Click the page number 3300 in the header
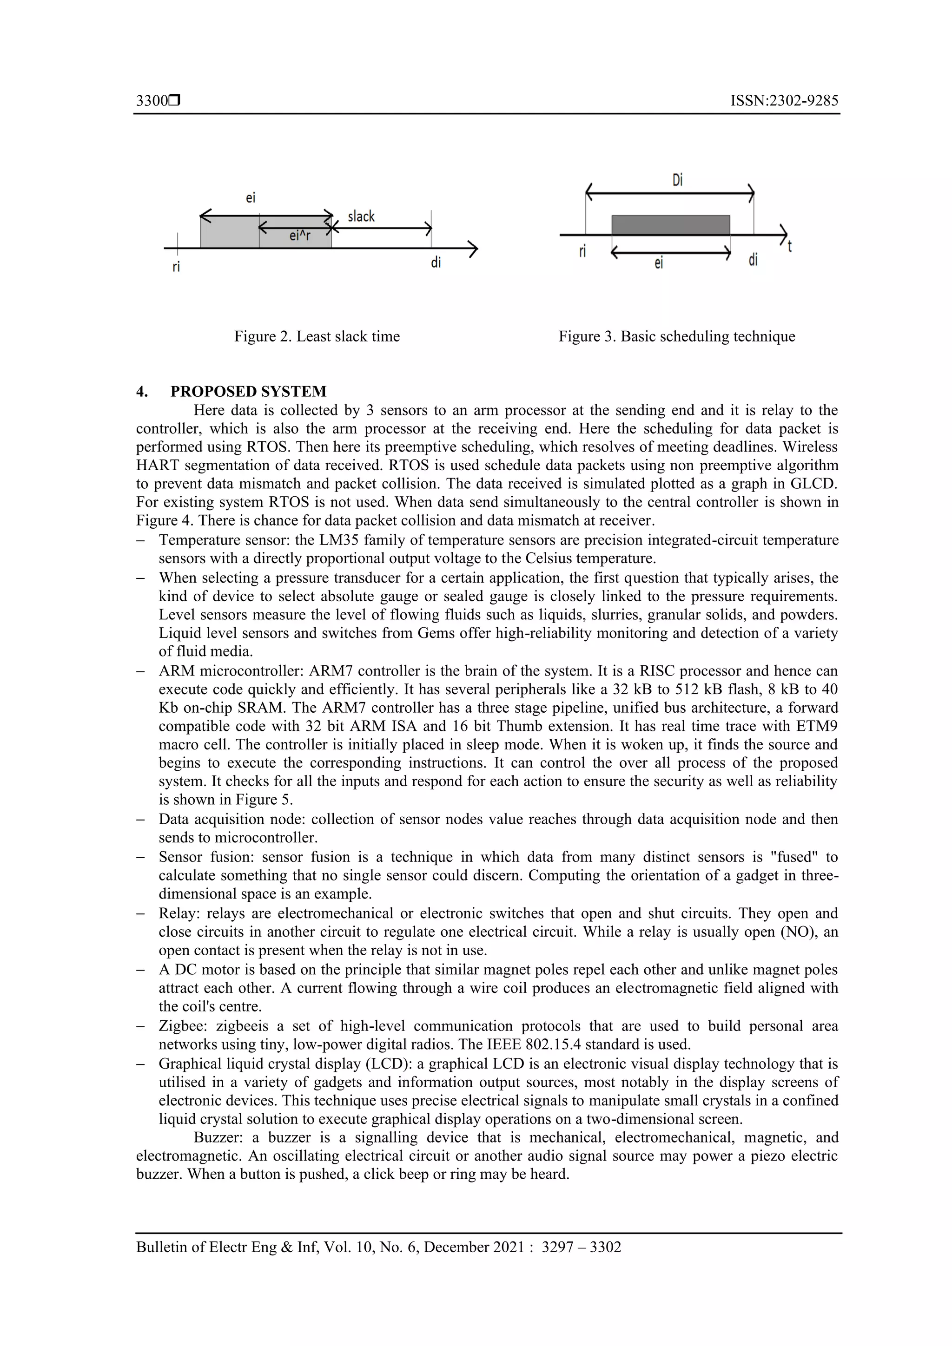coord(152,101)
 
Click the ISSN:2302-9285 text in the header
coord(784,101)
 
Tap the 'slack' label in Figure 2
coord(361,217)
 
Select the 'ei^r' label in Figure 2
coord(300,236)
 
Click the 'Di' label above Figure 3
coord(677,179)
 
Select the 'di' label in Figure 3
coord(753,259)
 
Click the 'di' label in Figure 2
coord(436,263)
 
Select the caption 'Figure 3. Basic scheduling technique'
coord(676,336)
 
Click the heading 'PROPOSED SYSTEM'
coord(248,391)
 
